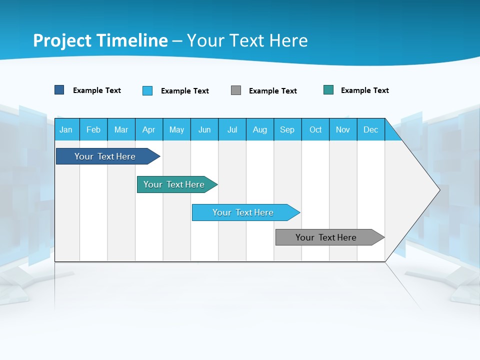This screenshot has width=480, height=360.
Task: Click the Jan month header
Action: (x=66, y=129)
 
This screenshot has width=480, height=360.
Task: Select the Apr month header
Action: (x=148, y=129)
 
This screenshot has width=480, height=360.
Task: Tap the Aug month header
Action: (x=259, y=129)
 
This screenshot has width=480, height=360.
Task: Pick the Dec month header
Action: (x=370, y=129)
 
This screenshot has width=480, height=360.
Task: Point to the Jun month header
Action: (x=204, y=129)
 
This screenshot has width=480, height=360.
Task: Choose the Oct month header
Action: (x=315, y=129)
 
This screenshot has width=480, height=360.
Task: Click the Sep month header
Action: (x=287, y=129)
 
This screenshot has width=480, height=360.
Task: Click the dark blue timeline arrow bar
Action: (x=105, y=156)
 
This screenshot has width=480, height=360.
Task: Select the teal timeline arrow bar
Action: (x=174, y=184)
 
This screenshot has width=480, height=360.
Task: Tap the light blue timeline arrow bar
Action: (x=243, y=212)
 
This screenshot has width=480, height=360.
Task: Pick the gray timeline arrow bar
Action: (x=326, y=237)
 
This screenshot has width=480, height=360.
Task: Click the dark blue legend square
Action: (x=59, y=90)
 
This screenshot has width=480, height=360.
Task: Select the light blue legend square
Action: (x=147, y=90)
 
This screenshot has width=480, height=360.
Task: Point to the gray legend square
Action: (x=236, y=90)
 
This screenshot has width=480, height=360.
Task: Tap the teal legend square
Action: (x=328, y=90)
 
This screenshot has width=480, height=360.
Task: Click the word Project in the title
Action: (x=62, y=40)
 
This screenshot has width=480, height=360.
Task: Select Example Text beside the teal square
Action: (x=364, y=90)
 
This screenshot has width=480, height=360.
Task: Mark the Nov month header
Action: (x=342, y=129)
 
